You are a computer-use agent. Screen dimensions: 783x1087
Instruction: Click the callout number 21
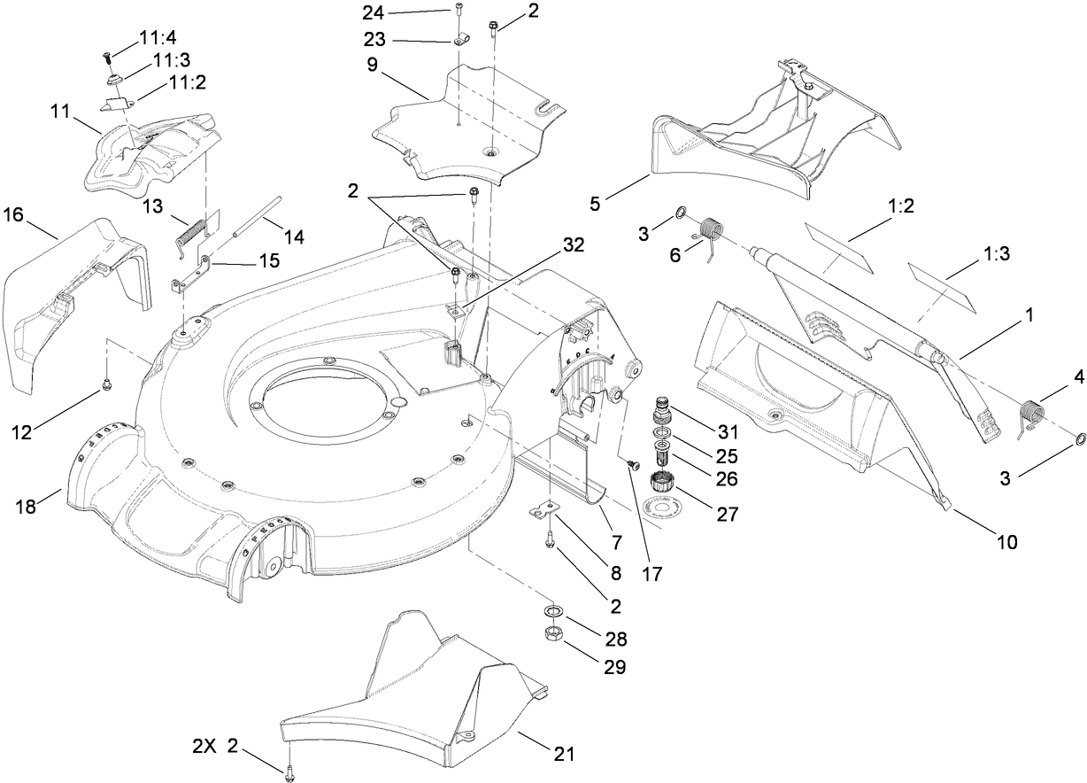click(564, 755)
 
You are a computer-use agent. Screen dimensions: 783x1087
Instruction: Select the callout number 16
click(14, 215)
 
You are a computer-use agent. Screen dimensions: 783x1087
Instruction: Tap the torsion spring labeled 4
click(1031, 415)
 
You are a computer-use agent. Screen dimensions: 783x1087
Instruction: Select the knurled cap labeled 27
click(659, 484)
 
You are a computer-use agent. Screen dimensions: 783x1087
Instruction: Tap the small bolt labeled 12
click(106, 383)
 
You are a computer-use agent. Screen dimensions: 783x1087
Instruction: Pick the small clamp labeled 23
click(459, 41)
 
